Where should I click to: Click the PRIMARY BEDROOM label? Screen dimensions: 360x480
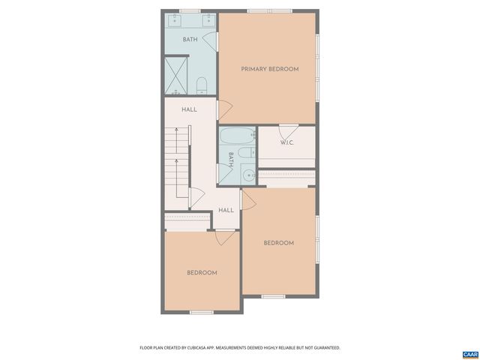click(x=269, y=69)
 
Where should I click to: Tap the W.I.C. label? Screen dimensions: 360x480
click(x=286, y=142)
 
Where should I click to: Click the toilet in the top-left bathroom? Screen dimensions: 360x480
click(x=201, y=83)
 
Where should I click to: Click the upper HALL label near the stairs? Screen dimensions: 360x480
click(x=189, y=109)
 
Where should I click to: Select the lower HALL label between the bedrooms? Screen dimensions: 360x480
click(x=226, y=210)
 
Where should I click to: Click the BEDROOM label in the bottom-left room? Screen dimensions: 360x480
click(x=202, y=272)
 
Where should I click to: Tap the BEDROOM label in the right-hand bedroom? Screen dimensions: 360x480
click(x=278, y=242)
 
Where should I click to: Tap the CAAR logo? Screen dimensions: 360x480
click(x=469, y=353)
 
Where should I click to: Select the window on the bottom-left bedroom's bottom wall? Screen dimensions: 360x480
click(x=202, y=312)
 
